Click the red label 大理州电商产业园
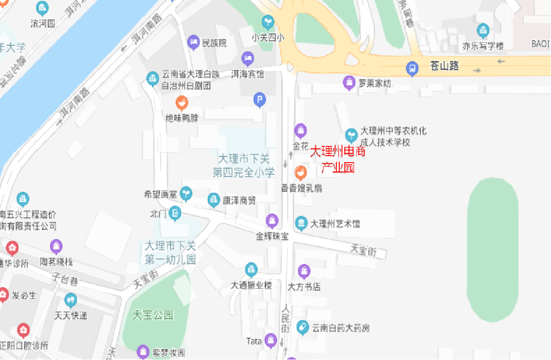[x=338, y=159]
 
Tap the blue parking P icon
[x=260, y=100]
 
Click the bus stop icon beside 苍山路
[x=412, y=68]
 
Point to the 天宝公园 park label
[x=153, y=315]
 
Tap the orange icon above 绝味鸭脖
[x=181, y=103]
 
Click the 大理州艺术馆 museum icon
[x=301, y=223]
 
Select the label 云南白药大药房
[x=341, y=328]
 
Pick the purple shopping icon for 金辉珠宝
[x=272, y=221]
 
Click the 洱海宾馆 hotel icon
[x=248, y=59]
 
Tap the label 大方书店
[x=304, y=287]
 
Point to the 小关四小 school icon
[x=267, y=22]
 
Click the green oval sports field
[x=492, y=249]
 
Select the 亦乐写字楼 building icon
[x=483, y=31]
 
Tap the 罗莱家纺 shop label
[x=374, y=83]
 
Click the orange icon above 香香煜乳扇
[x=301, y=173]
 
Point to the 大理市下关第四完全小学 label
[x=244, y=165]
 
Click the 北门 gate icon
[x=175, y=213]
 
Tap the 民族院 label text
[x=214, y=43]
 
